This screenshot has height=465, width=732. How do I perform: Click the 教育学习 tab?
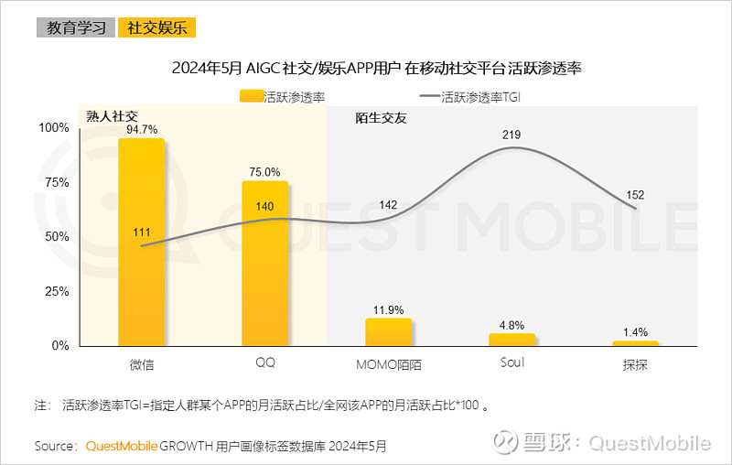(x=75, y=27)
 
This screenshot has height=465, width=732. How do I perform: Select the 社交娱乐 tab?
(x=156, y=27)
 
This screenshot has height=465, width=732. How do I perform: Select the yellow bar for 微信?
(x=142, y=243)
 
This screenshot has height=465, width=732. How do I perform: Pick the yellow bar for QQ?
(x=265, y=264)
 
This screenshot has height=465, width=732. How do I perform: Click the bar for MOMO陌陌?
(x=388, y=331)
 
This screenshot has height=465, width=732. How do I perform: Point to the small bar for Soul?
(x=512, y=340)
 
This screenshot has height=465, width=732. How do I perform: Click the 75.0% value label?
(x=265, y=172)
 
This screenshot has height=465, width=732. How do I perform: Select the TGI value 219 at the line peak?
(x=512, y=135)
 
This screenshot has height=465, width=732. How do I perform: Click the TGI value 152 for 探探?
(x=636, y=194)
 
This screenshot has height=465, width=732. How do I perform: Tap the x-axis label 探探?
(x=636, y=363)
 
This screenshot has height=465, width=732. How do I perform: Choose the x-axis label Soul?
(x=512, y=362)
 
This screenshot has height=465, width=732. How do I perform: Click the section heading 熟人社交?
(x=111, y=116)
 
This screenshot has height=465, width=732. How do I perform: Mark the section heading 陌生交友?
(x=380, y=117)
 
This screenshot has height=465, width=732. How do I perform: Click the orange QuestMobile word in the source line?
(x=121, y=446)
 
